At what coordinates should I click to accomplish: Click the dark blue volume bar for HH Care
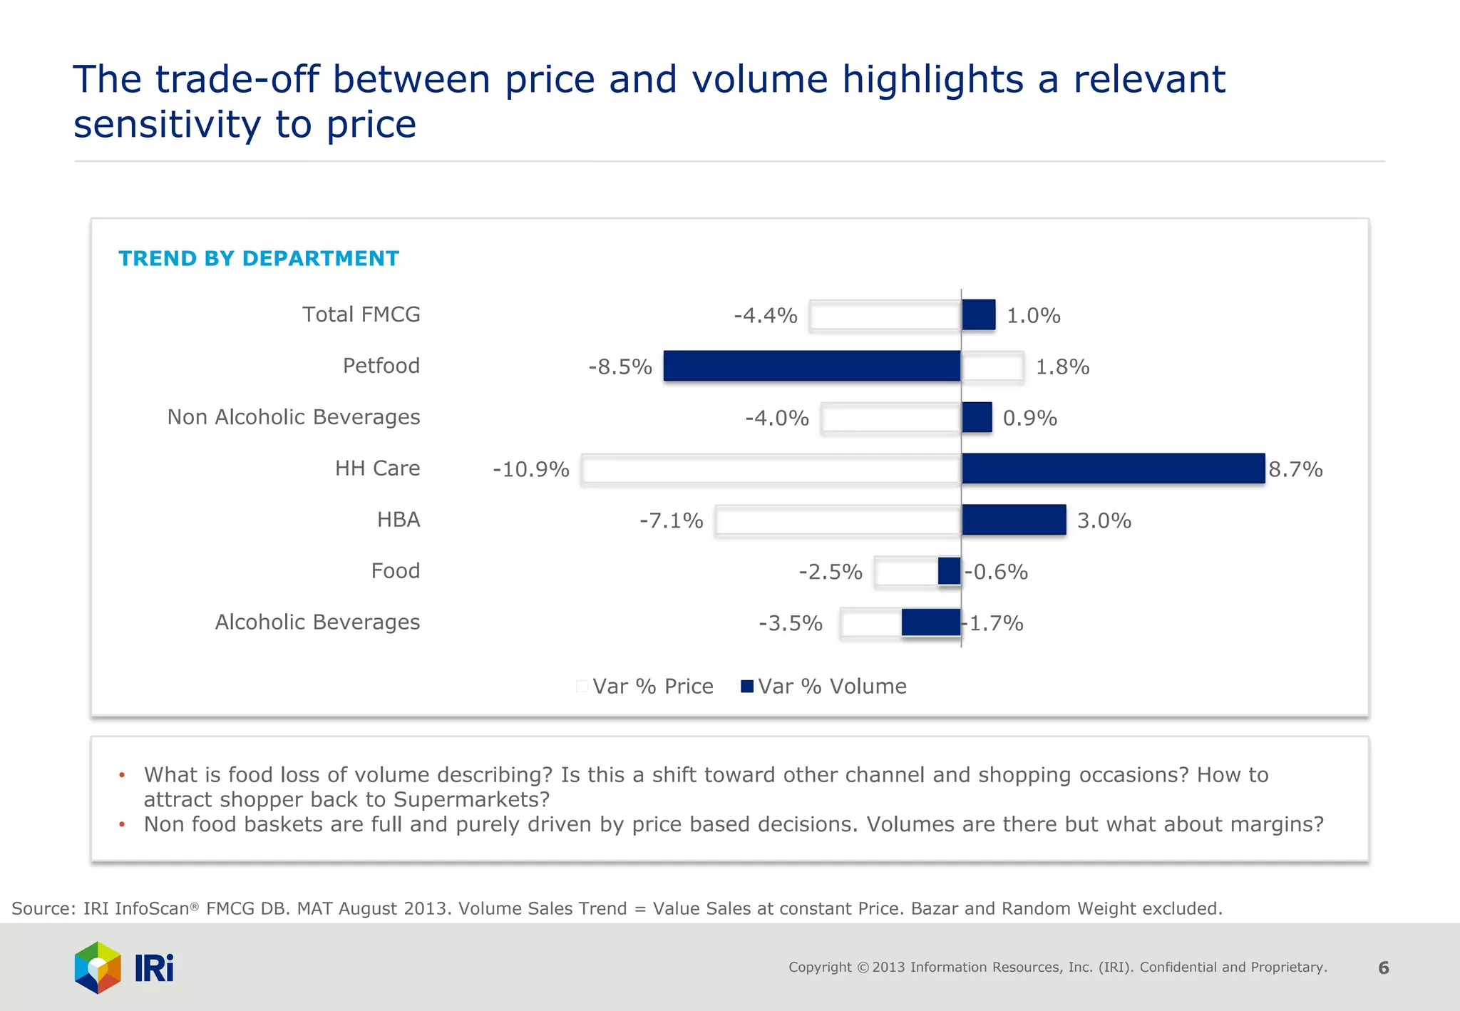pyautogui.click(x=1112, y=468)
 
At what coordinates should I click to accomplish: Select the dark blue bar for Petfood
pyautogui.click(x=811, y=366)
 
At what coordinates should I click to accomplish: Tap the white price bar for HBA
pyautogui.click(x=838, y=520)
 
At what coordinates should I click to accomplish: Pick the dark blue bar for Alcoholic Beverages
pyautogui.click(x=930, y=622)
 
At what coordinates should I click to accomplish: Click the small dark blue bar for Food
pyautogui.click(x=949, y=571)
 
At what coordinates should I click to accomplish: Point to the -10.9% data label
pyautogui.click(x=530, y=470)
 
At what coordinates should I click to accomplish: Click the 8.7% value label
pyautogui.click(x=1295, y=470)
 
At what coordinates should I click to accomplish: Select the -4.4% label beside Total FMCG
pyautogui.click(x=765, y=316)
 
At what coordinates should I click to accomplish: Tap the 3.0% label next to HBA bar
pyautogui.click(x=1104, y=521)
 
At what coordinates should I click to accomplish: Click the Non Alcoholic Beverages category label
pyautogui.click(x=293, y=417)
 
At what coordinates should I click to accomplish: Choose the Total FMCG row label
pyautogui.click(x=361, y=314)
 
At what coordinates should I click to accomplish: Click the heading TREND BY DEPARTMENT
pyautogui.click(x=258, y=258)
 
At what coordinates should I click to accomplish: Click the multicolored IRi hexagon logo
pyautogui.click(x=98, y=968)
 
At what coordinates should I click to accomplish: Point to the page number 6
pyautogui.click(x=1383, y=968)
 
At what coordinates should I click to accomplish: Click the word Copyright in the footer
pyautogui.click(x=819, y=968)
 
